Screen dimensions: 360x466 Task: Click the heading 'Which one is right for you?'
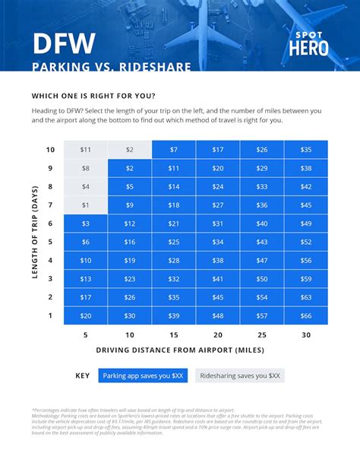coord(93,96)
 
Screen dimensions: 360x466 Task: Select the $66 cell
coord(306,315)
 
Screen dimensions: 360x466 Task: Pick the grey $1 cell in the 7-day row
coord(85,205)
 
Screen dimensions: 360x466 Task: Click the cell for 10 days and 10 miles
coord(129,150)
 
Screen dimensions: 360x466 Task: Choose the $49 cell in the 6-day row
coord(306,223)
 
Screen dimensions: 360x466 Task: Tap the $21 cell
coord(174,223)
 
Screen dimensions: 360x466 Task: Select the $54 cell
coord(262,297)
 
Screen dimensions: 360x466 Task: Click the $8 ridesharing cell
coord(85,168)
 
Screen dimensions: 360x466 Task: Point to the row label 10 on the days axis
coord(50,150)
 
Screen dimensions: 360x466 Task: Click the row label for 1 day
coord(50,315)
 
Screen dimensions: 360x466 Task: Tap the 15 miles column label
coord(174,334)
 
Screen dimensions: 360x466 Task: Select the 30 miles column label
coord(306,334)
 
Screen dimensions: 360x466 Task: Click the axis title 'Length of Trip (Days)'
coord(35,232)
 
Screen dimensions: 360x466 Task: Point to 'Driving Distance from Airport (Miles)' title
coord(180,350)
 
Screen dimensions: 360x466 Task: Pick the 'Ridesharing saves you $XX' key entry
coord(239,376)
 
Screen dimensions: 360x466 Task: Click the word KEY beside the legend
coord(83,376)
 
